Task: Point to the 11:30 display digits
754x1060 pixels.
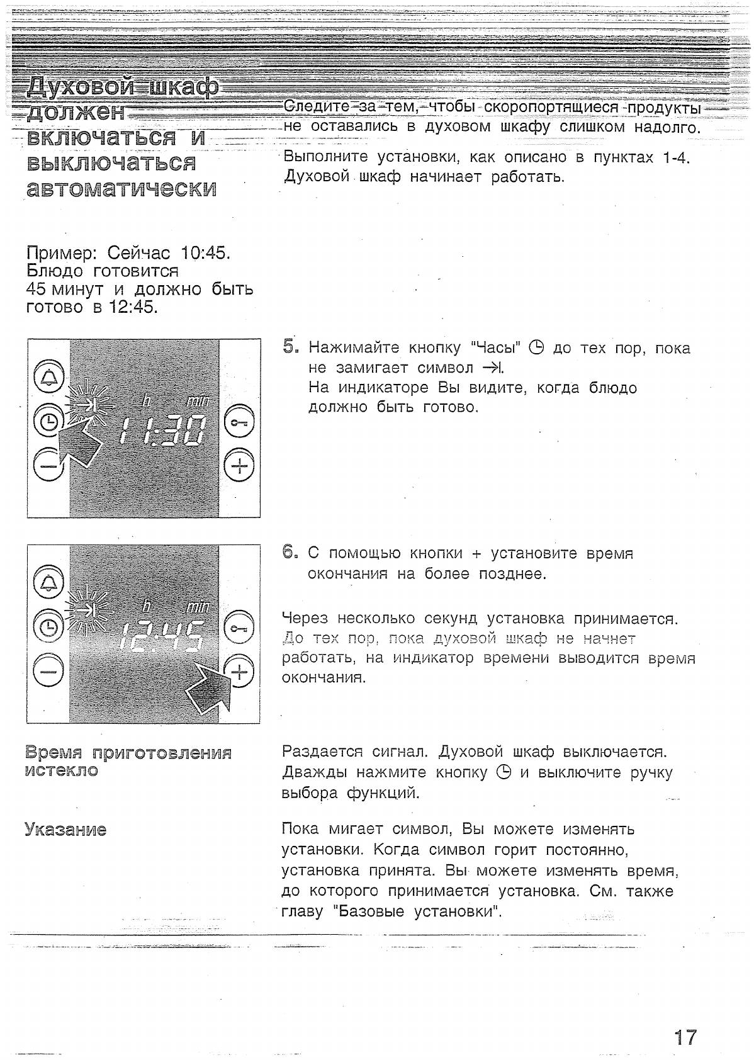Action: pyautogui.click(x=162, y=431)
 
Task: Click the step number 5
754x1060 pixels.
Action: pyautogui.click(x=290, y=346)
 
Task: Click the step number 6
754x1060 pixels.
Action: pyautogui.click(x=290, y=552)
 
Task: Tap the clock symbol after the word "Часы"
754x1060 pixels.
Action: pyautogui.click(x=536, y=347)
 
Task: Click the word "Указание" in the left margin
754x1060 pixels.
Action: pyautogui.click(x=65, y=829)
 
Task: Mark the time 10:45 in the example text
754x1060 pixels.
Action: pyautogui.click(x=206, y=253)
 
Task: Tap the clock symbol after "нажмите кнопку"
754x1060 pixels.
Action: pyautogui.click(x=503, y=772)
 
